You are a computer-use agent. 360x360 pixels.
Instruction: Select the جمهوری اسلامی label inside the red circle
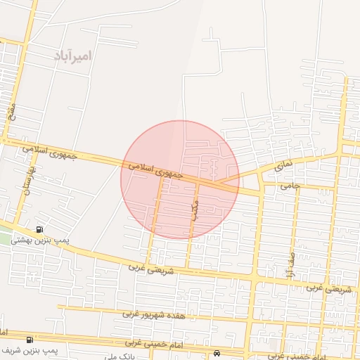click(155, 169)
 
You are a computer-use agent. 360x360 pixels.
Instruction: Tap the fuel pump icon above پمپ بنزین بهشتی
click(38, 229)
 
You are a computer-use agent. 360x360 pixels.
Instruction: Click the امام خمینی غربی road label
click(154, 342)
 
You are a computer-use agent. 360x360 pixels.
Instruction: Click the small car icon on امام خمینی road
click(217, 352)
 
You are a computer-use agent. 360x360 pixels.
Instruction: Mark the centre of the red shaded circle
click(180, 180)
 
